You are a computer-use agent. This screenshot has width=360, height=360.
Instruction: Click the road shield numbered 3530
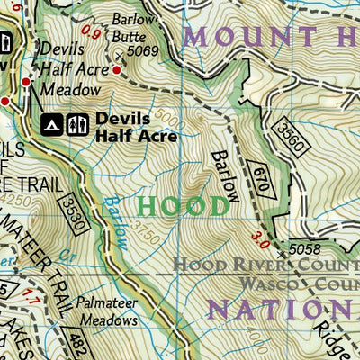tap(75, 215)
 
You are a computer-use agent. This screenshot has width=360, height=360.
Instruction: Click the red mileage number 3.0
tap(261, 239)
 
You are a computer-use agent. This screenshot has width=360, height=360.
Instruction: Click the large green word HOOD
tap(184, 206)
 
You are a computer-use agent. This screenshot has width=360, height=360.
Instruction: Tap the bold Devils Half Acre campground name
tap(135, 127)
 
